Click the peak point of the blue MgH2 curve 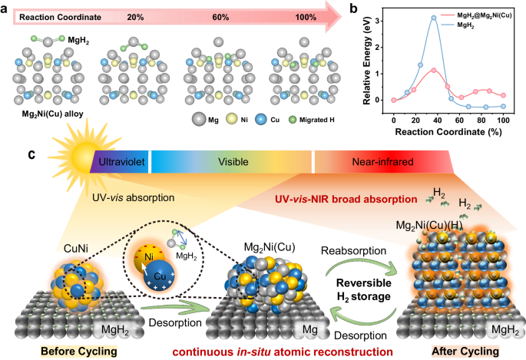(434, 18)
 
